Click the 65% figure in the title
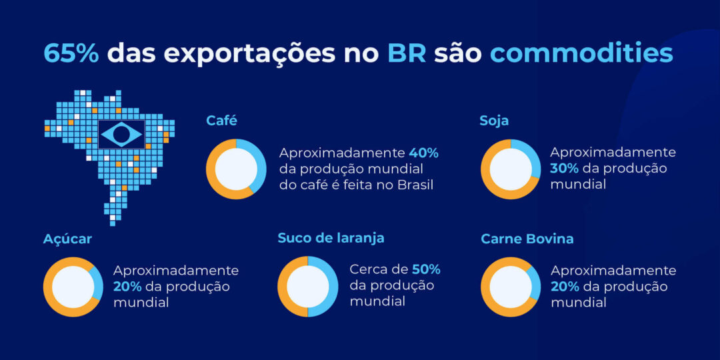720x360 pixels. click(71, 53)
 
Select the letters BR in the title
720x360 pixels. click(407, 53)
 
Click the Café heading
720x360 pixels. click(221, 121)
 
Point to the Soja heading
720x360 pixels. click(494, 121)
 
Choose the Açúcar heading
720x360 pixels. click(67, 239)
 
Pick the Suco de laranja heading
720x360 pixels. click(331, 238)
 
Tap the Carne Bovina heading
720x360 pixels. click(527, 239)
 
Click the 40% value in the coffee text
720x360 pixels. click(424, 153)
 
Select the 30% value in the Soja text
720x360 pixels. click(563, 169)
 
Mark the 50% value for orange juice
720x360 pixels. click(426, 269)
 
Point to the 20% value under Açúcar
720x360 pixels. click(127, 287)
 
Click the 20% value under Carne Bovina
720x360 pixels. click(564, 287)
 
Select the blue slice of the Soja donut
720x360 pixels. click(531, 157)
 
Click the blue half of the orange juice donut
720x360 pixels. click(326, 287)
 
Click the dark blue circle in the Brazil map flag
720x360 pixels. click(121, 135)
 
